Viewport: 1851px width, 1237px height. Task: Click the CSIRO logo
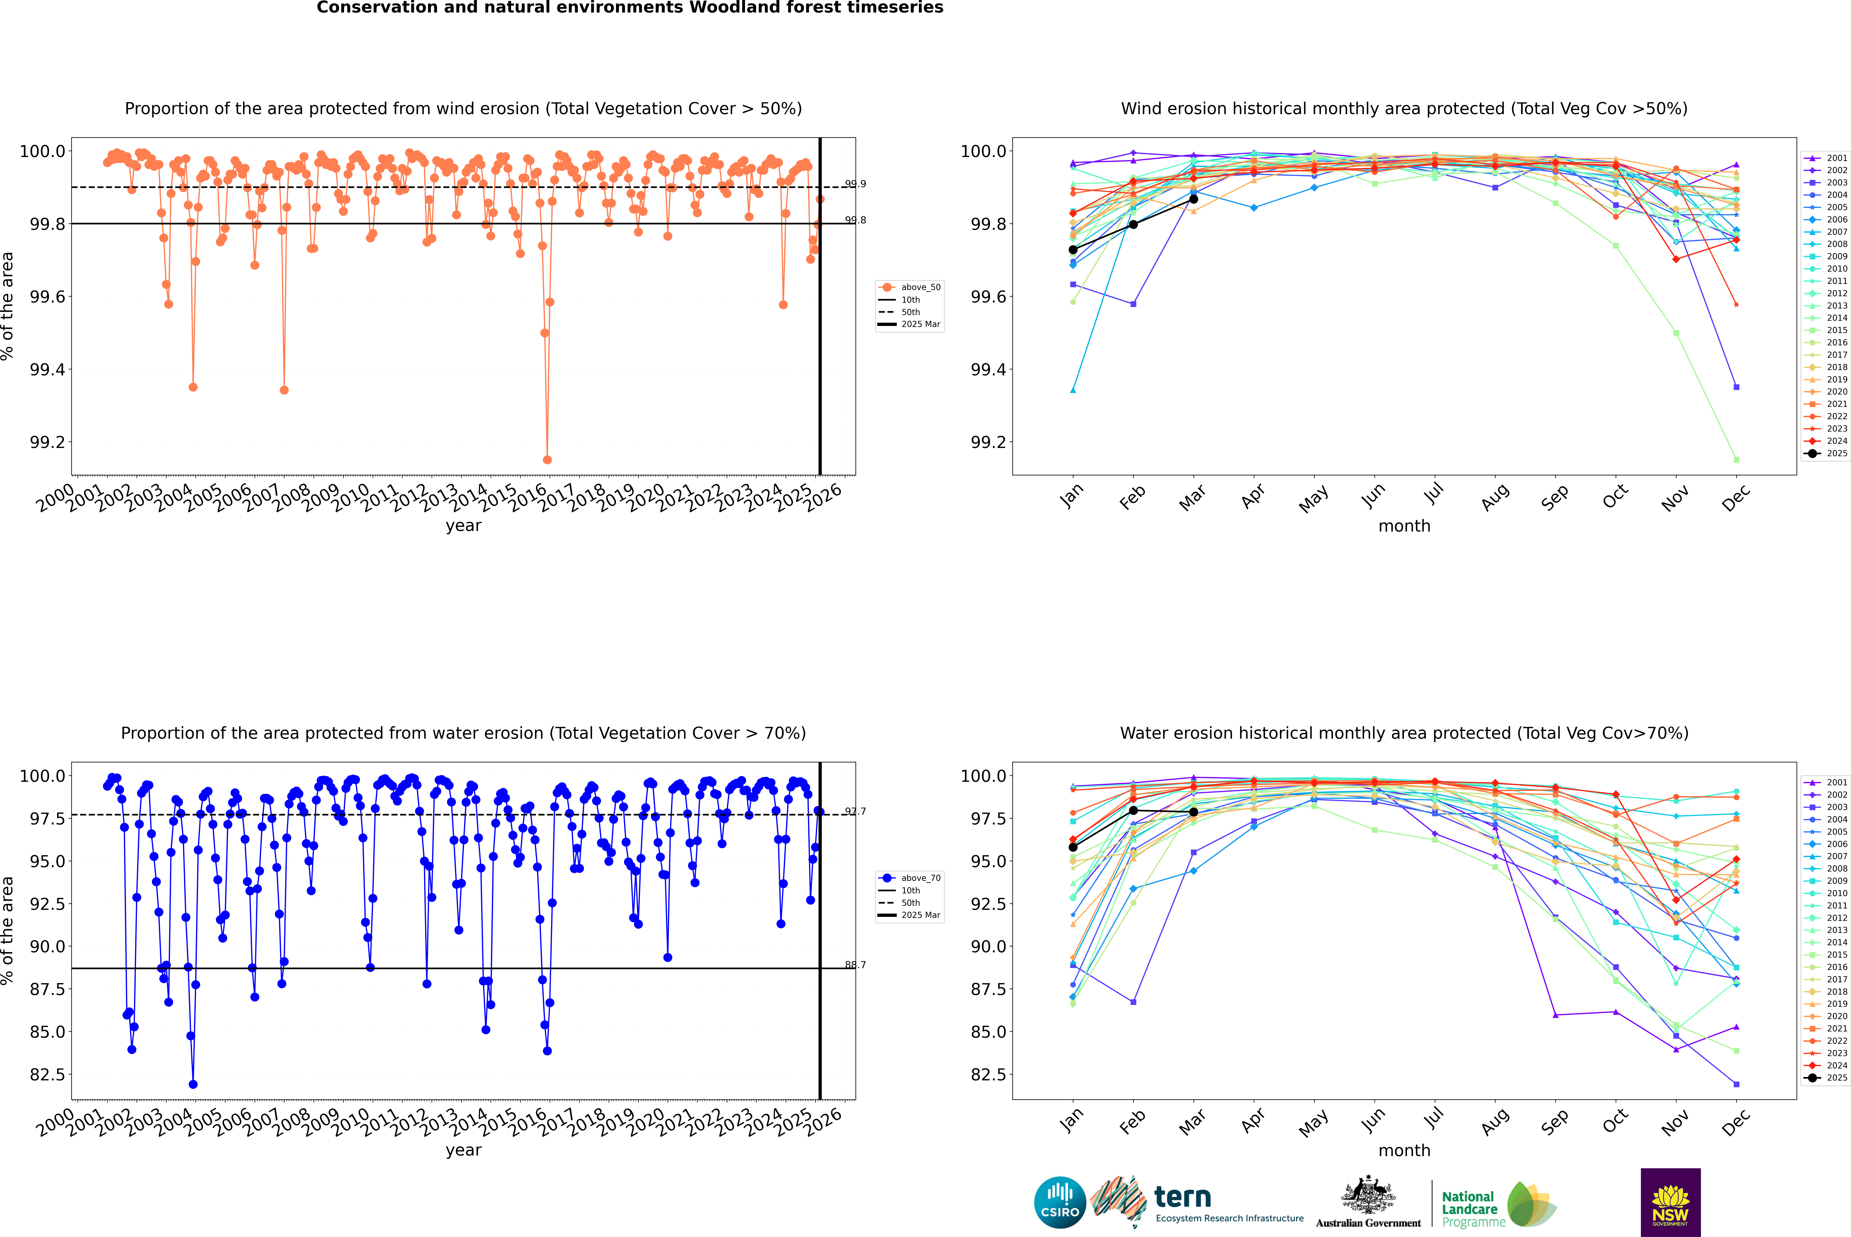[1060, 1202]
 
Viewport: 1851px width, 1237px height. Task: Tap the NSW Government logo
[1670, 1202]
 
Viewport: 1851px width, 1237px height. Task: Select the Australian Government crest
[1367, 1197]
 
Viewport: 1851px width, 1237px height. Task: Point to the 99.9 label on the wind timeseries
[855, 184]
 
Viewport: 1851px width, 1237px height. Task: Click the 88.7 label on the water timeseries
[855, 965]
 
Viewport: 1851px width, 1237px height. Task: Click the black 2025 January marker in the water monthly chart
[1073, 847]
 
